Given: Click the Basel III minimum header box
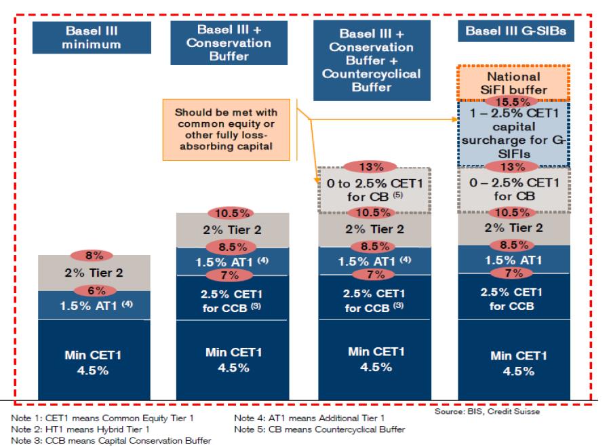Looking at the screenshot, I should (94, 39).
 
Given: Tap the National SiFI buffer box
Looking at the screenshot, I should (515, 83).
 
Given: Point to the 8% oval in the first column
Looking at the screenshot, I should (94, 256).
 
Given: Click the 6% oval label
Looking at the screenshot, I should (94, 290).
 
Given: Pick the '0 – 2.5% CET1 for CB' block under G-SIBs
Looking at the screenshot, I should (515, 188).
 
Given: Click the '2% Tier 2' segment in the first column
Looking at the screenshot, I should (94, 273).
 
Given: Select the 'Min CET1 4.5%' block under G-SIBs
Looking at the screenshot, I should (515, 363).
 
